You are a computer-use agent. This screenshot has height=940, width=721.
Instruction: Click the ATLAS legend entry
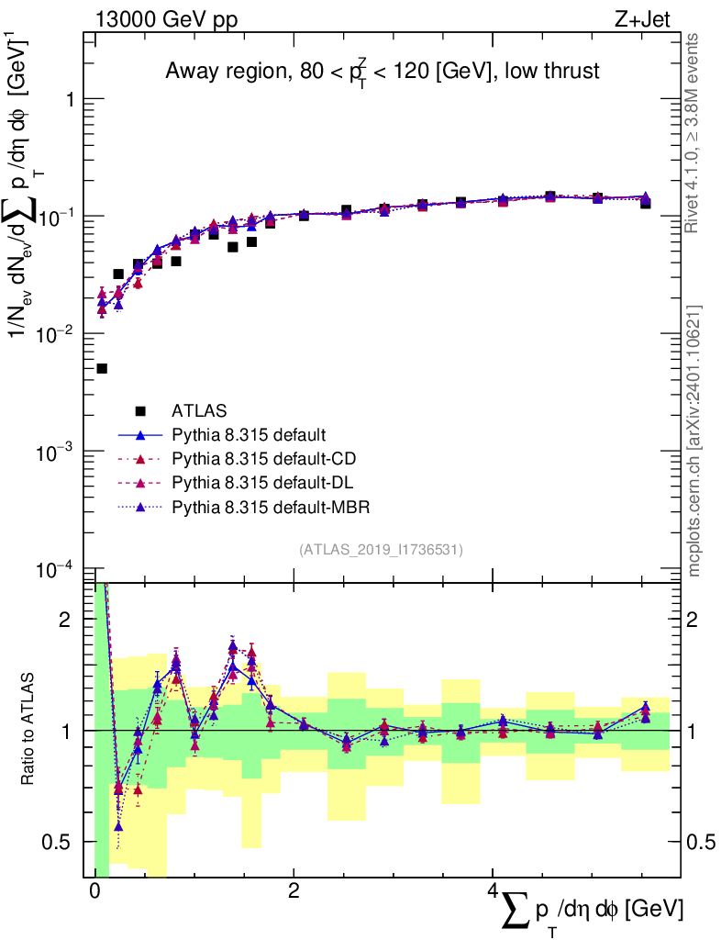[199, 410]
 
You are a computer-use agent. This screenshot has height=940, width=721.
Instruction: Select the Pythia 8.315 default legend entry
[249, 434]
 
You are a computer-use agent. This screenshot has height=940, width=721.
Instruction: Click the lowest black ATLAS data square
[102, 368]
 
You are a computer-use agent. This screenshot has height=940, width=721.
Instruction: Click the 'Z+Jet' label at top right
[663, 19]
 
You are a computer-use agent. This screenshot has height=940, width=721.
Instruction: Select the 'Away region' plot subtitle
[382, 71]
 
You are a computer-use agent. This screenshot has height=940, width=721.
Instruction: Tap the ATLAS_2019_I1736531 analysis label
[381, 550]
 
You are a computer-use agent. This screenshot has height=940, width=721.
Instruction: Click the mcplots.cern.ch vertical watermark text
[694, 441]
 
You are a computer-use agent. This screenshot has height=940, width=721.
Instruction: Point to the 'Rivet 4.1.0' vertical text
[694, 133]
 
